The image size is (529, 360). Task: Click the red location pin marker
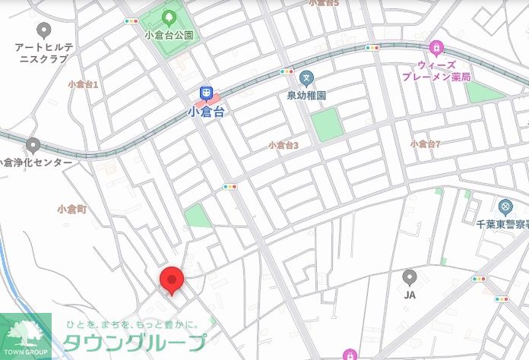coord(171,279)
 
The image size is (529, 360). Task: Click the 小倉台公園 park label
coord(169,34)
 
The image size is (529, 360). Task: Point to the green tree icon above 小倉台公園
coord(169,17)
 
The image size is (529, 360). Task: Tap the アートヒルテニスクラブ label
coord(44,52)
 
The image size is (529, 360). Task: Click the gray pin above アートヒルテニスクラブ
coord(43,30)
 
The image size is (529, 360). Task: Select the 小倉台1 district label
coord(83,84)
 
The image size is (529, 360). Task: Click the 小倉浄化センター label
coord(36,163)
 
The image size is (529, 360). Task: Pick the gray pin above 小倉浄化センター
coord(33,144)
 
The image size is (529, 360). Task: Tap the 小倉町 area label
coord(72,208)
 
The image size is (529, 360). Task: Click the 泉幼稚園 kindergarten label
coord(306,96)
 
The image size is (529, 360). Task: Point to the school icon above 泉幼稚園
coord(306,77)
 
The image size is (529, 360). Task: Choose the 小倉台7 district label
coord(426,144)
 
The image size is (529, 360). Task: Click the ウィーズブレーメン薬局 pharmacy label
coord(437,71)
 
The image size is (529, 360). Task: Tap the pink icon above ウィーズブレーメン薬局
coord(436,49)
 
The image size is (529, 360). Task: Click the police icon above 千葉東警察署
coord(505,206)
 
